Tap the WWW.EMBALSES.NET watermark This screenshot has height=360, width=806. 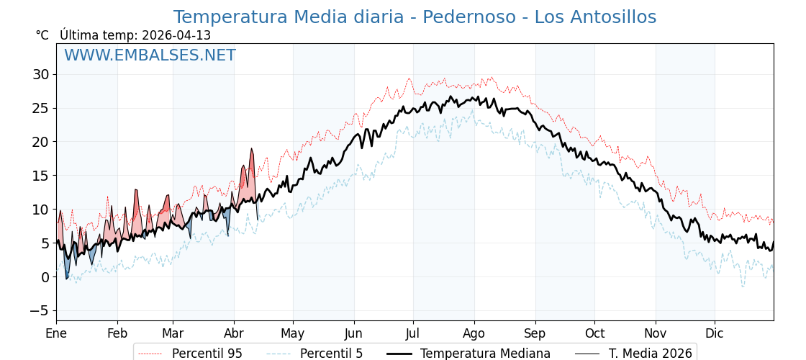[x=150, y=55]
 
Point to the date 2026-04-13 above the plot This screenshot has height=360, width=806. [x=176, y=35]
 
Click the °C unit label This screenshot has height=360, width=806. [x=42, y=35]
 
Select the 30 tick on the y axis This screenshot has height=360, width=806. [x=40, y=74]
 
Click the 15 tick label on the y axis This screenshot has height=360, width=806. [x=40, y=176]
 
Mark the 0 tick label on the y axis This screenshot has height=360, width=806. [x=45, y=277]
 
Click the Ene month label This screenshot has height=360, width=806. [x=56, y=334]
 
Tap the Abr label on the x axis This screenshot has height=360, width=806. [x=234, y=334]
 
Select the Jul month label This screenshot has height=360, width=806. [x=413, y=334]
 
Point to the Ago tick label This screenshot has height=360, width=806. [x=474, y=334]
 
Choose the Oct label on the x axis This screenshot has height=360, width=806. [x=594, y=334]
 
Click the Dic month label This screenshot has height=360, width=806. [x=715, y=334]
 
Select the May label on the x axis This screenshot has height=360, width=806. [x=293, y=334]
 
